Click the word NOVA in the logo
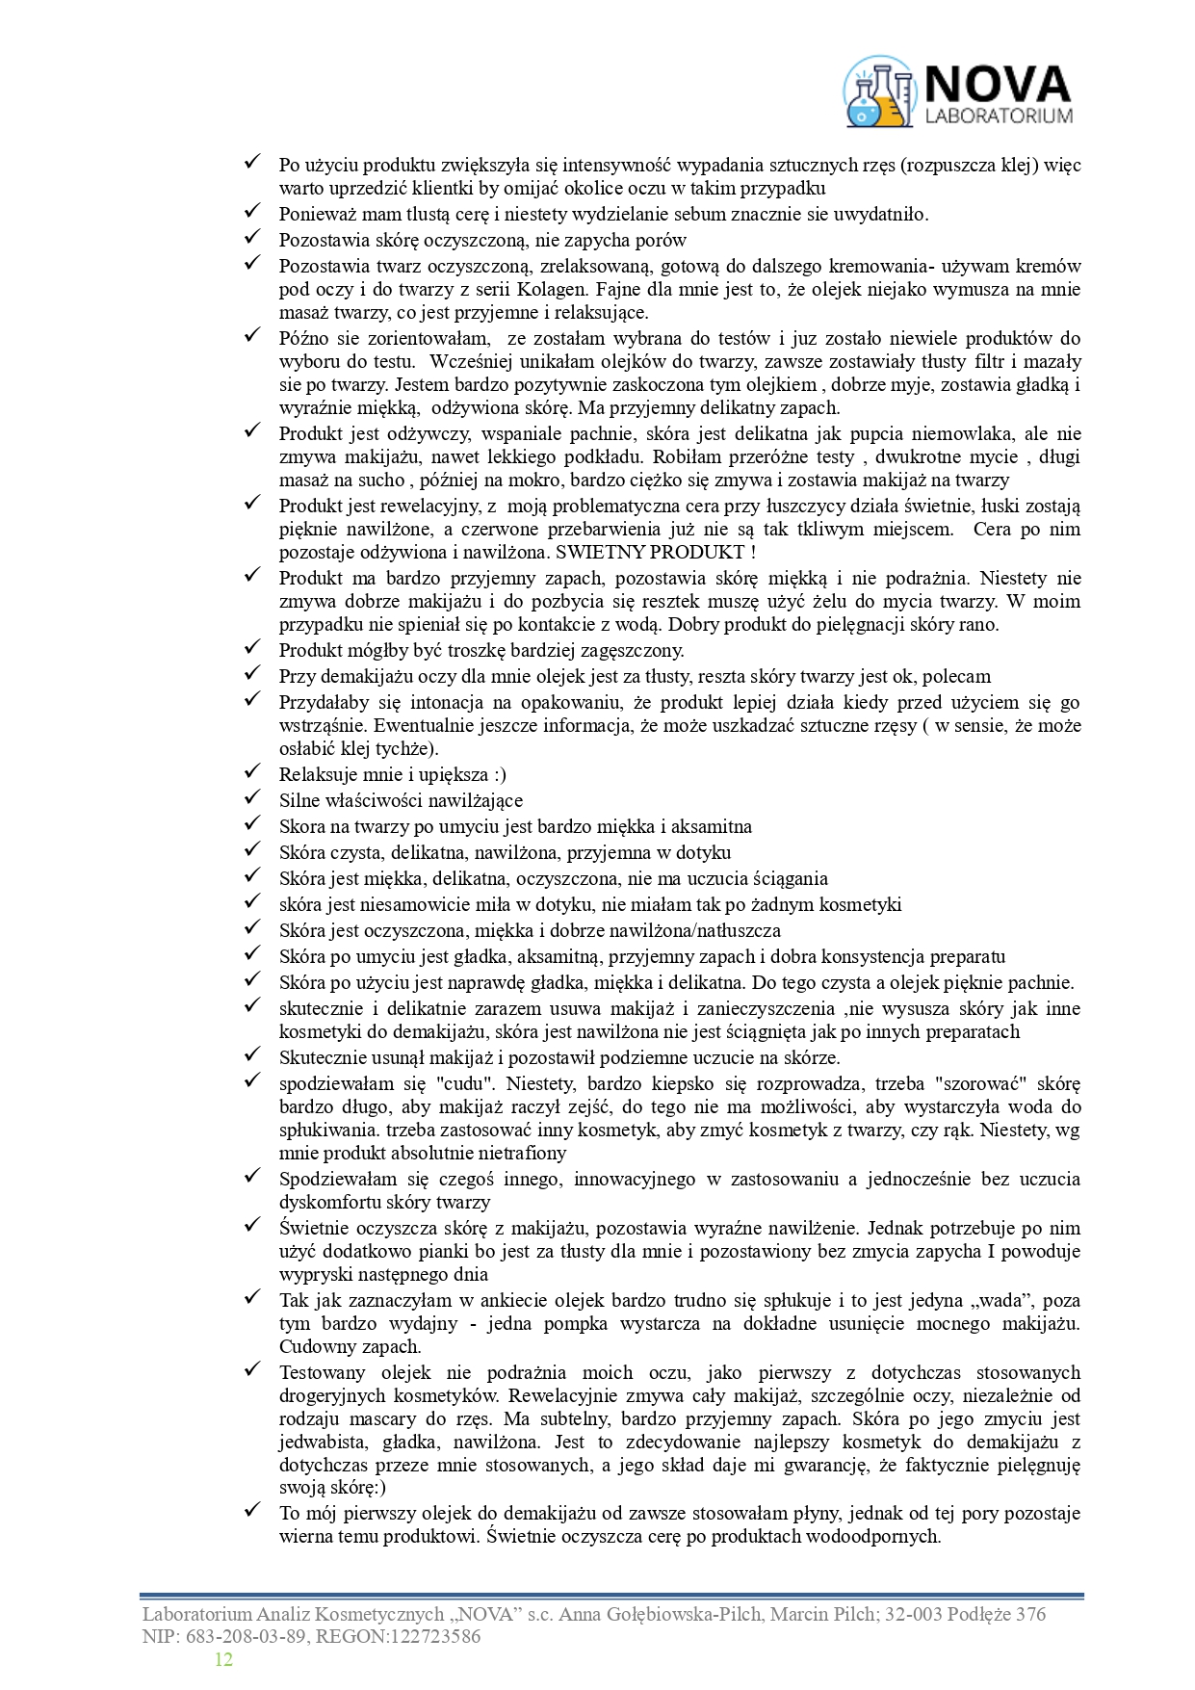998,84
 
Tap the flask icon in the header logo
878,93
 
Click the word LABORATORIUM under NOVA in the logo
998,117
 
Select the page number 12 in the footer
223,1659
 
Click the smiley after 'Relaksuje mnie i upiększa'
497,775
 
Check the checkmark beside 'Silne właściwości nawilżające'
252,799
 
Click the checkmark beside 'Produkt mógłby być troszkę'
252,649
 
